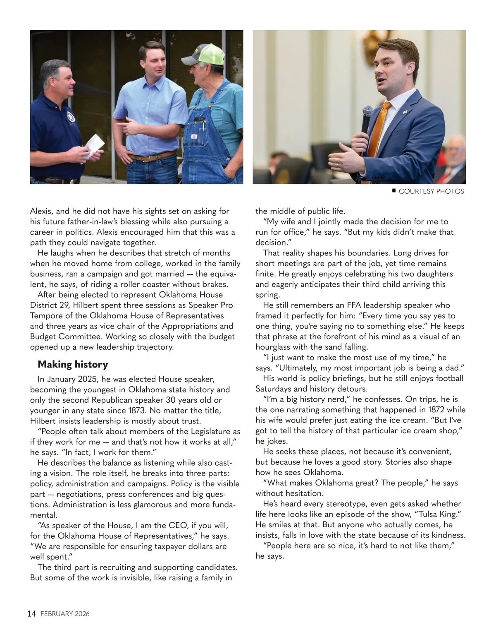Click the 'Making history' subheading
tap(73, 364)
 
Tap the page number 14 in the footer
tap(32, 613)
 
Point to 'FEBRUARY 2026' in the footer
tap(65, 614)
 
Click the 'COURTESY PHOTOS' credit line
tap(431, 191)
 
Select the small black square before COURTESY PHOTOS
tap(394, 191)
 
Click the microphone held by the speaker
tap(367, 120)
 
